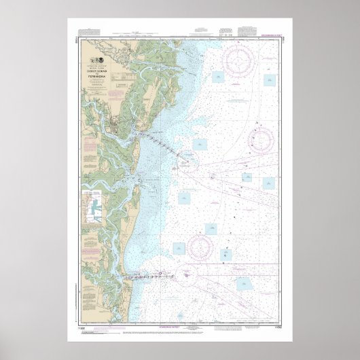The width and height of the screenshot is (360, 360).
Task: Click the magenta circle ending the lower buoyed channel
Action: [186, 274]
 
